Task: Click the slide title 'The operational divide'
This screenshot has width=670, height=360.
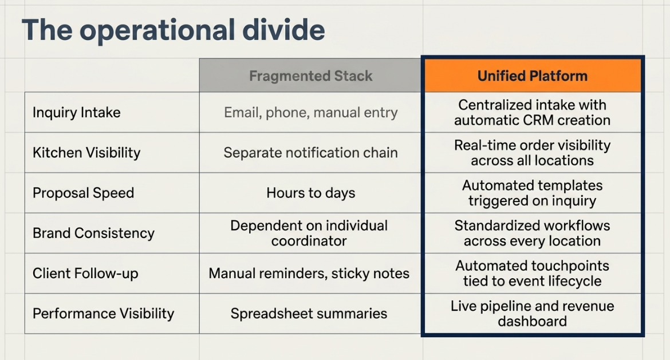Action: pyautogui.click(x=173, y=30)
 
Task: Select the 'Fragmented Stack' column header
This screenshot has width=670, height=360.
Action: pyautogui.click(x=310, y=76)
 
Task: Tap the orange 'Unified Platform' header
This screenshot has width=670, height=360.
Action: pyautogui.click(x=533, y=76)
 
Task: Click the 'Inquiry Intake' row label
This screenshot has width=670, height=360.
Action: pyautogui.click(x=77, y=112)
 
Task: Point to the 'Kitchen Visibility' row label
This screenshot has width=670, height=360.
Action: pyautogui.click(x=86, y=152)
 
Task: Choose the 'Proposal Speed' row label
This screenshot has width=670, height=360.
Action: pyautogui.click(x=84, y=193)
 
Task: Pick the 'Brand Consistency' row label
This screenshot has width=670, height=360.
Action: pyautogui.click(x=93, y=233)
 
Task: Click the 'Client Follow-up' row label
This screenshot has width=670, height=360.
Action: pyautogui.click(x=85, y=274)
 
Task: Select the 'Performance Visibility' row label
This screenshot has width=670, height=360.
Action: pyautogui.click(x=104, y=314)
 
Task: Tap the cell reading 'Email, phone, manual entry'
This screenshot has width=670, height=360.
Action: pyautogui.click(x=310, y=112)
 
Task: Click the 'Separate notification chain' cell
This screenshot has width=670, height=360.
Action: pyautogui.click(x=310, y=152)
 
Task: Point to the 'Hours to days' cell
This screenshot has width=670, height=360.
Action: pyautogui.click(x=310, y=193)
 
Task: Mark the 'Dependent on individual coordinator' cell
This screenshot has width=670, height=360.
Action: pyautogui.click(x=309, y=233)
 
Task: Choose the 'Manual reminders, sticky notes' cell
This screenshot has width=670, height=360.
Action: pyautogui.click(x=309, y=274)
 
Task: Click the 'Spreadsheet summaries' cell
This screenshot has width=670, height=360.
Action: pyautogui.click(x=309, y=314)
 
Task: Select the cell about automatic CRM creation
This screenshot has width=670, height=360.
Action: pyautogui.click(x=533, y=112)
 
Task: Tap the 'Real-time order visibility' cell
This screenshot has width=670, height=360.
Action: pyautogui.click(x=533, y=152)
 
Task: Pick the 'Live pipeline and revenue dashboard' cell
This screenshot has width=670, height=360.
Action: pyautogui.click(x=533, y=314)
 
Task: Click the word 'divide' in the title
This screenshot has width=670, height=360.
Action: pyautogui.click(x=283, y=30)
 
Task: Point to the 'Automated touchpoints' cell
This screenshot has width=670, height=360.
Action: pyautogui.click(x=533, y=274)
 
